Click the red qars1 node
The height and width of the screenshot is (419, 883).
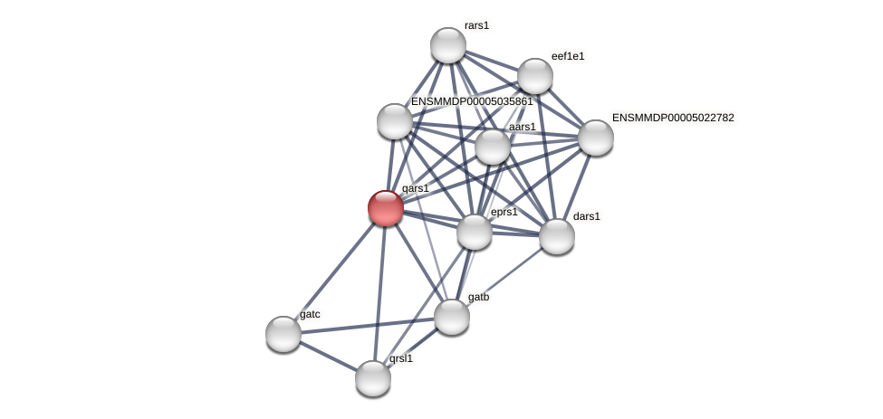click(386, 208)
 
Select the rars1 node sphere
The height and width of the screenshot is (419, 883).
click(447, 45)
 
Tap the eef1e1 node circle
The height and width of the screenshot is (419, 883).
click(535, 76)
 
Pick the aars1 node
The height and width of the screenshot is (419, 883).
click(493, 147)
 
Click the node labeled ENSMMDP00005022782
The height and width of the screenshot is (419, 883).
click(595, 138)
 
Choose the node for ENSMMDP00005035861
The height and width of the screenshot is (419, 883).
click(395, 121)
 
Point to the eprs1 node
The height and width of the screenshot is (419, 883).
click(475, 232)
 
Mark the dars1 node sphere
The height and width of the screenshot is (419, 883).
click(557, 236)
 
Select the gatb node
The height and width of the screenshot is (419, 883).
click(452, 317)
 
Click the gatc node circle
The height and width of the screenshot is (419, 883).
click(283, 334)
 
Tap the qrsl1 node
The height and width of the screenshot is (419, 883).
click(373, 378)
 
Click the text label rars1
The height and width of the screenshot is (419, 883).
click(476, 25)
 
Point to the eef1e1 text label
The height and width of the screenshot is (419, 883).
click(568, 56)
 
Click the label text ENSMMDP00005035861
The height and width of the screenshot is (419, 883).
click(472, 101)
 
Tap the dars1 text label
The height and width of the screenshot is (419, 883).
click(587, 216)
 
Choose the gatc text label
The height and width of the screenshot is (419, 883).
click(310, 314)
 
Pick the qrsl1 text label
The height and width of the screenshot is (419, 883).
click(401, 358)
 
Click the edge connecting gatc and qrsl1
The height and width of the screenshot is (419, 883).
click(328, 356)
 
